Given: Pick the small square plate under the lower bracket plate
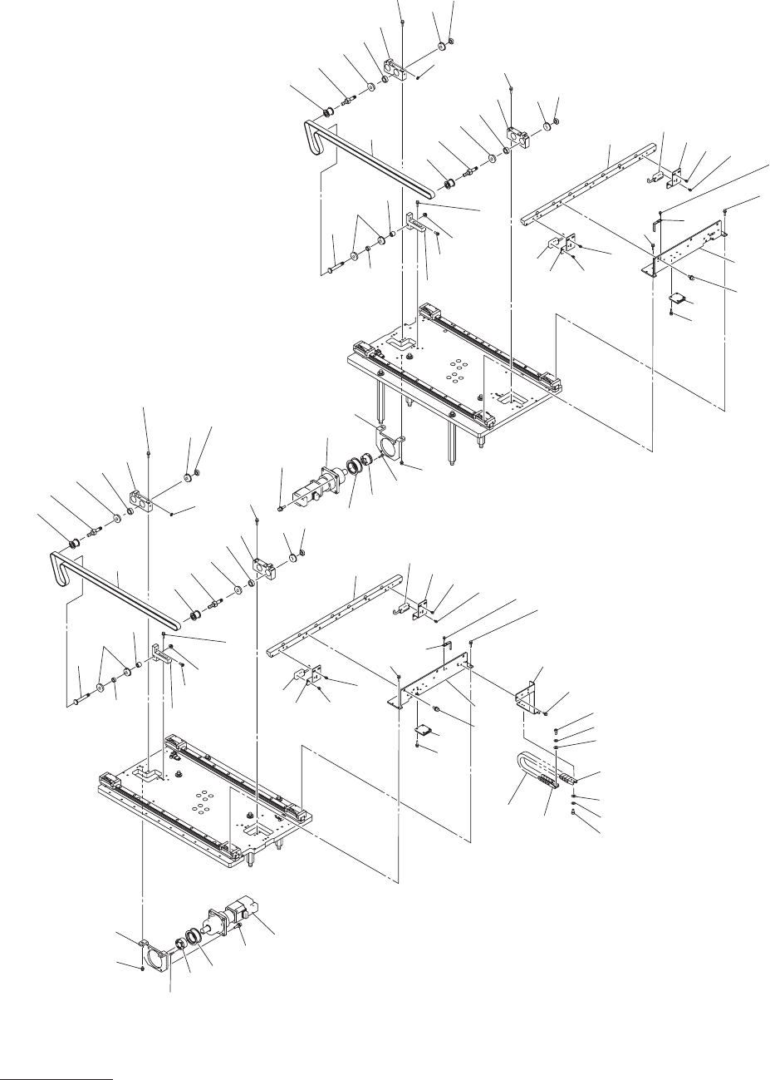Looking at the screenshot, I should coord(426,731).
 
